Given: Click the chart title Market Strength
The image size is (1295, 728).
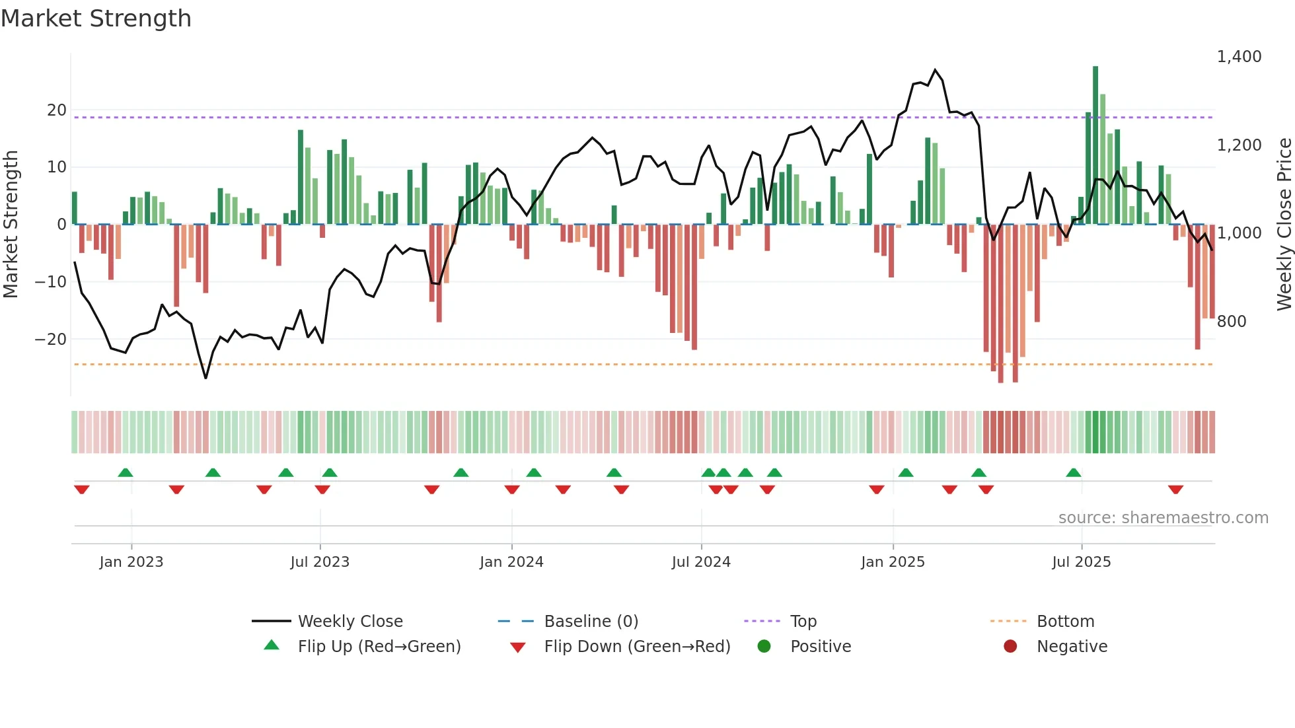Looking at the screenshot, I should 96,18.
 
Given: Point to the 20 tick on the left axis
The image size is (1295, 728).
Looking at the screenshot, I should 57,110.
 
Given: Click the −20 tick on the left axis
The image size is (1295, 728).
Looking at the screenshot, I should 51,340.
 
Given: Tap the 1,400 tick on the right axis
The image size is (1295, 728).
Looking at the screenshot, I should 1239,57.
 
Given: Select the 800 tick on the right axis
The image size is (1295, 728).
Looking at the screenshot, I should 1231,322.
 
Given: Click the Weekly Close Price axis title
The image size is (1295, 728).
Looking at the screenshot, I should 1284,225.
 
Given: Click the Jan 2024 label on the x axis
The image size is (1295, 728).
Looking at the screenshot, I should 511,562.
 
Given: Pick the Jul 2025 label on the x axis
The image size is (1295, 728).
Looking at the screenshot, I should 1081,562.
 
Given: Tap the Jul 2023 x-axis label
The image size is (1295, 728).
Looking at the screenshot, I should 320,562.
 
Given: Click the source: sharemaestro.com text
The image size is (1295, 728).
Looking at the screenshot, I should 1163,518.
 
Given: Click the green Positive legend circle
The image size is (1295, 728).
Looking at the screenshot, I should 764,647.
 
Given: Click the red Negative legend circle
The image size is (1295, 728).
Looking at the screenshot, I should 1010,647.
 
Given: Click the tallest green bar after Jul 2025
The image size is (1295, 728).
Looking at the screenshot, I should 1095,145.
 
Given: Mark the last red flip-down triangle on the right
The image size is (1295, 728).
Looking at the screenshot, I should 1175,490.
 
